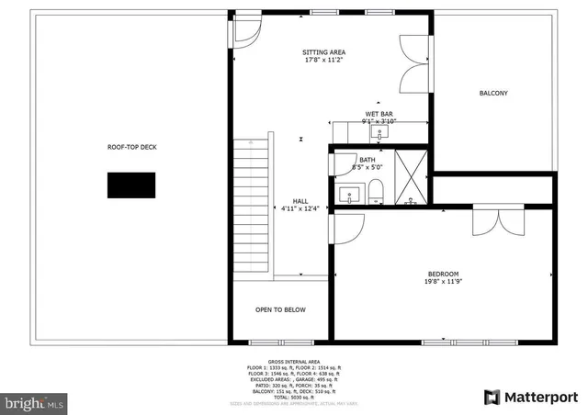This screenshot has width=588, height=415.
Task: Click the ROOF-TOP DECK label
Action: coord(132,146)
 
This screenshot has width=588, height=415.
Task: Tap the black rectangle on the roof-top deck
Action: coord(131,185)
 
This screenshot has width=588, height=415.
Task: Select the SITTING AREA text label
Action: coord(324,52)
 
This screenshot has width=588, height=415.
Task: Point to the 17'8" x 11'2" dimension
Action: coord(324,61)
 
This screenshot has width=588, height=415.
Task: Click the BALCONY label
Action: coord(493,94)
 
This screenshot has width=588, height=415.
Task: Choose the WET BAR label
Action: coord(379,114)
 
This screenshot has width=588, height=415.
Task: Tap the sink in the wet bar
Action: coord(379,133)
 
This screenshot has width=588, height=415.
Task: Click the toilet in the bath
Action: coord(375,192)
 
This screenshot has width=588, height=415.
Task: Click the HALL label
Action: coord(300,201)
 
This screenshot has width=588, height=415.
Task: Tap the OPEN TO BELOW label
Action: coord(280,309)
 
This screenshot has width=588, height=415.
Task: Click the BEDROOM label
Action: coord(443,274)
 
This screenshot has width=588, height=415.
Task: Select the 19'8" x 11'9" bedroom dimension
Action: coord(443,282)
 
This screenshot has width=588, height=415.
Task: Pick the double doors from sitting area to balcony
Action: coord(416,62)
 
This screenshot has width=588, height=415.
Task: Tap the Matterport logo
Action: coord(530,397)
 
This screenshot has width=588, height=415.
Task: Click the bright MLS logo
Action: coord(35,402)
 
